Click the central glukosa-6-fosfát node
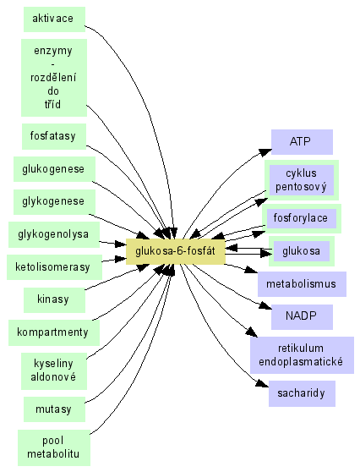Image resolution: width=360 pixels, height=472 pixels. (175, 252)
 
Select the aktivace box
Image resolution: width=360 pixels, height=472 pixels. (54, 19)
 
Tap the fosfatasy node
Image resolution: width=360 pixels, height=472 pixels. (54, 136)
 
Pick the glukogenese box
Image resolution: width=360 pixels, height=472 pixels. (54, 169)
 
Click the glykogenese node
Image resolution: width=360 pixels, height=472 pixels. (54, 201)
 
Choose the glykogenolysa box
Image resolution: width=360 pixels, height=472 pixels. (54, 234)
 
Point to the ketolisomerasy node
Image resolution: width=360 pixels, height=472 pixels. (54, 267)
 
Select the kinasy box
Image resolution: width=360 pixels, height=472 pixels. (54, 299)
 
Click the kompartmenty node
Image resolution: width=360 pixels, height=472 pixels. (54, 332)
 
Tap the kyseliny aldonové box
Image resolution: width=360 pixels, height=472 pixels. (54, 371)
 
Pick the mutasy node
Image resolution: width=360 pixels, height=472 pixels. (54, 409)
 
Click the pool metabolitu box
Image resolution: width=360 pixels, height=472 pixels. (54, 447)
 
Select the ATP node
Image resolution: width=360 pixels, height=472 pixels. (302, 142)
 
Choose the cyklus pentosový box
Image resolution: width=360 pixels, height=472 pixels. (302, 180)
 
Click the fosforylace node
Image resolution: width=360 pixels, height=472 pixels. (302, 218)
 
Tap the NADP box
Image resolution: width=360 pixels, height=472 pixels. (302, 317)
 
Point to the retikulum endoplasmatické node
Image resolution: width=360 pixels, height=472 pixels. (302, 355)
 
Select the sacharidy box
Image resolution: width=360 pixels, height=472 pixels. (302, 393)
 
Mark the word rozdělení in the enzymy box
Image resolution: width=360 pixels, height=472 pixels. (53, 78)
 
